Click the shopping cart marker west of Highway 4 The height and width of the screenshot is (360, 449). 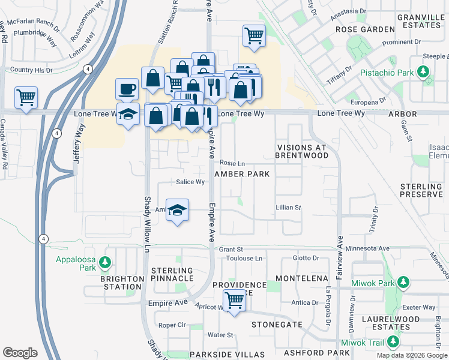tap(26, 97)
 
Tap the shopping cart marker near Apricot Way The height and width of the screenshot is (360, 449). tap(234, 300)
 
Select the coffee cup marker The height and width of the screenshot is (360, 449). tap(127, 89)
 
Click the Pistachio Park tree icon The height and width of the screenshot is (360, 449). tap(423, 73)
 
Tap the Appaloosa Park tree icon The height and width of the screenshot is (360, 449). tap(105, 262)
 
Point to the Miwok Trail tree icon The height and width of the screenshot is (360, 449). tap(393, 342)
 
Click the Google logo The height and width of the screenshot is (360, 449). tap(20, 353)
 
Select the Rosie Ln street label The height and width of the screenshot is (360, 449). tap(232, 163)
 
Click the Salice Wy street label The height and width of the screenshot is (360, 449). tap(191, 182)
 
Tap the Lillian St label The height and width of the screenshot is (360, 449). tap(288, 208)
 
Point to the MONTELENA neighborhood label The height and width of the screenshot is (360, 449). tap(302, 279)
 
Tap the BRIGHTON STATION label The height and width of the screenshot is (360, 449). tap(122, 283)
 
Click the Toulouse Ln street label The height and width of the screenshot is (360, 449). tap(244, 259)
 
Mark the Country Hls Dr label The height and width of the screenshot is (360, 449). tap(31, 70)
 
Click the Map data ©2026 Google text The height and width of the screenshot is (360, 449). tap(412, 355)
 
